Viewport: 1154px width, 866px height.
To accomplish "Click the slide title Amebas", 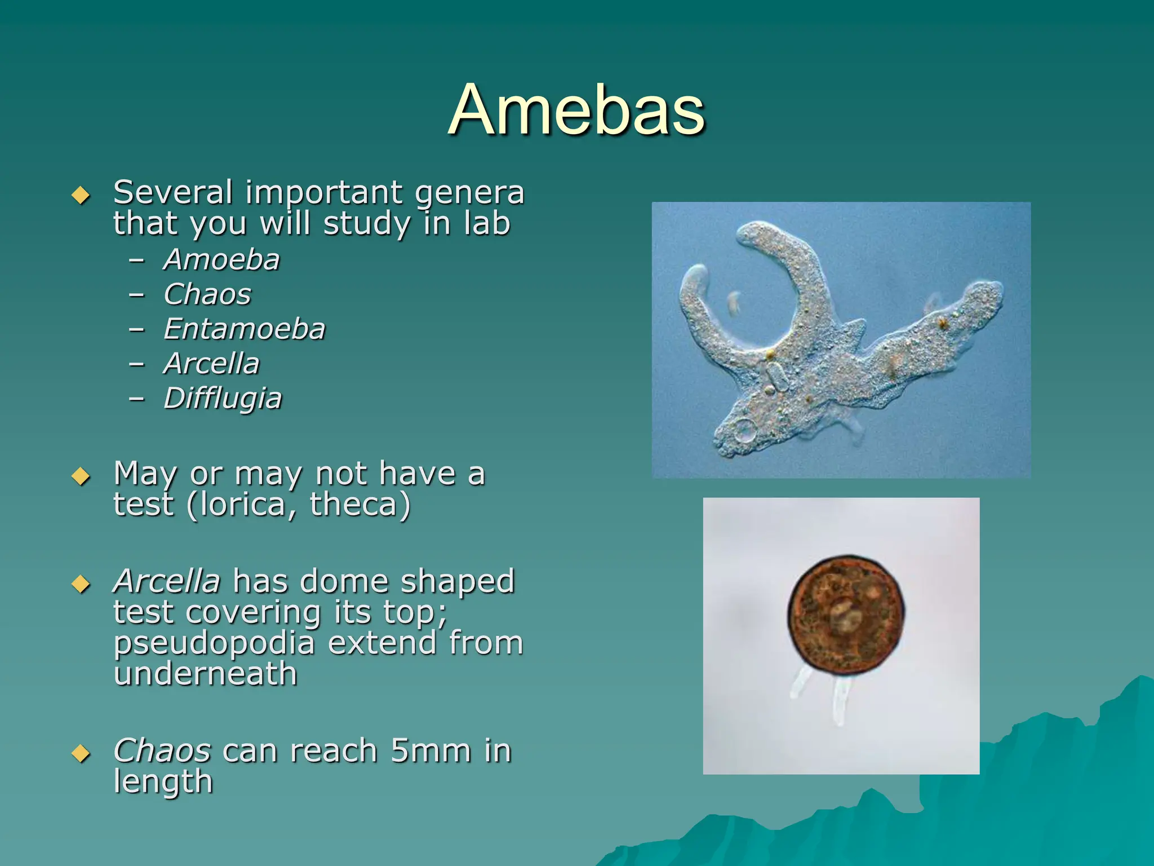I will pyautogui.click(x=576, y=109).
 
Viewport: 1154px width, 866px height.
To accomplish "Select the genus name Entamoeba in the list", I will pyautogui.click(x=244, y=329).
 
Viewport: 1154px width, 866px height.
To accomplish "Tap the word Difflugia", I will pyautogui.click(x=223, y=399).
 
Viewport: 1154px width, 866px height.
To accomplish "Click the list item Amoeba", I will pyautogui.click(x=221, y=260).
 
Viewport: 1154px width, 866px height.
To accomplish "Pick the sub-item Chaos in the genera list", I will pyautogui.click(x=207, y=294).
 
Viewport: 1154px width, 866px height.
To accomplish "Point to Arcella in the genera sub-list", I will pyautogui.click(x=212, y=364).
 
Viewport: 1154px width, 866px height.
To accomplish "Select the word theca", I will pyautogui.click(x=354, y=505).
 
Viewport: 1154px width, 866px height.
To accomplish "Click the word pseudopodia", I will pyautogui.click(x=214, y=643).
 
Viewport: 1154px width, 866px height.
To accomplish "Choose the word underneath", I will pyautogui.click(x=205, y=674).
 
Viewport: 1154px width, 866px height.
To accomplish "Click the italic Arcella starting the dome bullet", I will pyautogui.click(x=167, y=582).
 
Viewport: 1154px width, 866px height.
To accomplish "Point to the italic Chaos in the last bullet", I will pyautogui.click(x=162, y=751).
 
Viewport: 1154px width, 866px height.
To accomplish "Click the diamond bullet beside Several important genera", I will pyautogui.click(x=81, y=195).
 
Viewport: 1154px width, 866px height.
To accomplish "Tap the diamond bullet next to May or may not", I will pyautogui.click(x=81, y=476).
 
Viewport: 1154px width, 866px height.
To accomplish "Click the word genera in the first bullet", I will pyautogui.click(x=469, y=193).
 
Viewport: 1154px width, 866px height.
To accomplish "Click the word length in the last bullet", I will pyautogui.click(x=163, y=782).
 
